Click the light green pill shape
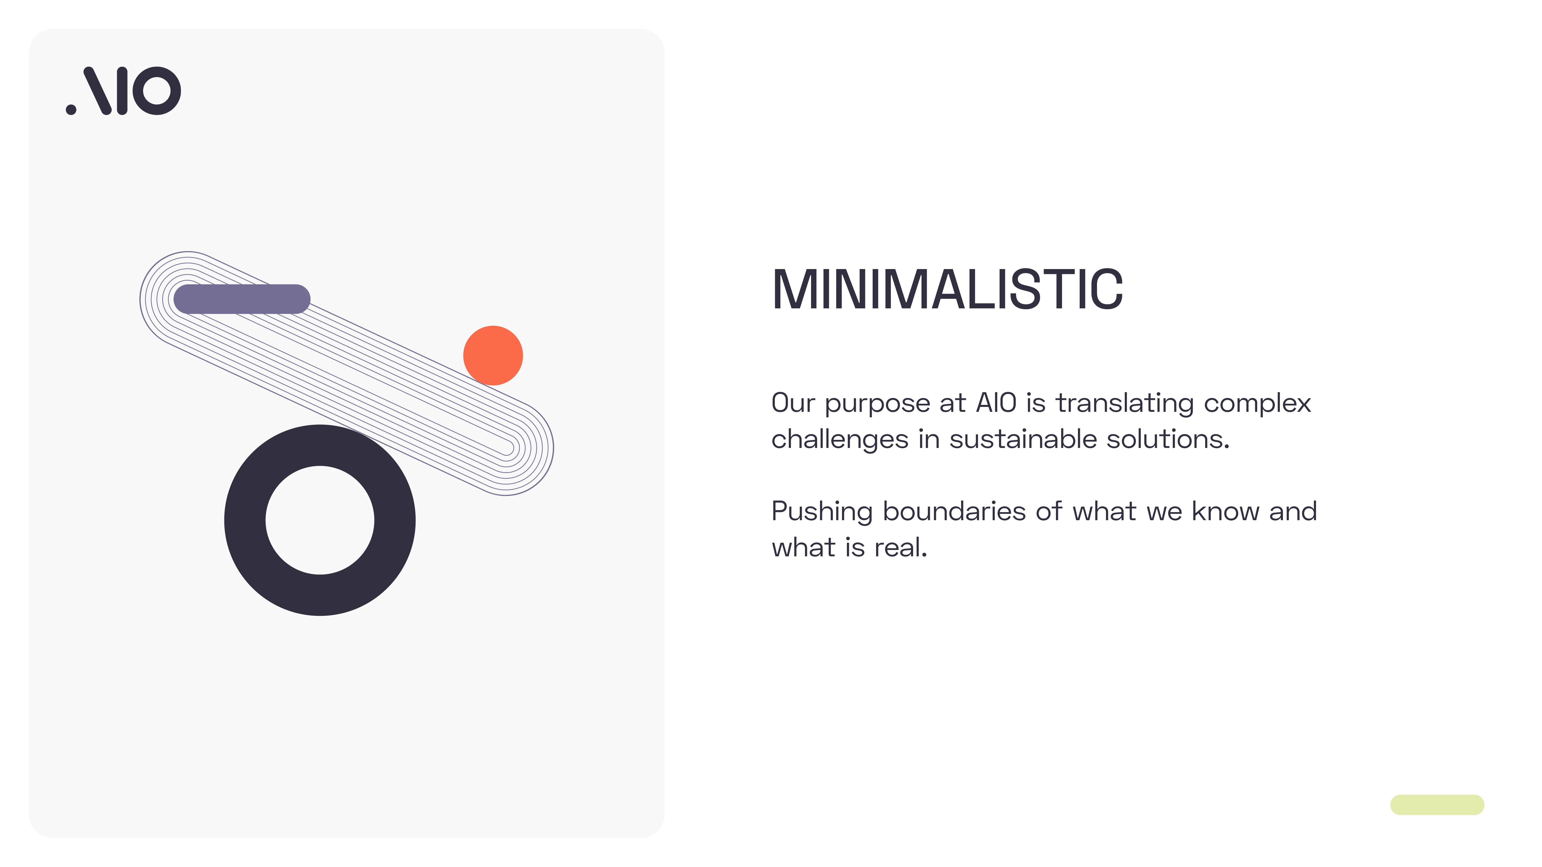tap(1437, 805)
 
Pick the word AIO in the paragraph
tap(996, 403)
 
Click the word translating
tap(1124, 404)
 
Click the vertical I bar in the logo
tap(122, 90)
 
